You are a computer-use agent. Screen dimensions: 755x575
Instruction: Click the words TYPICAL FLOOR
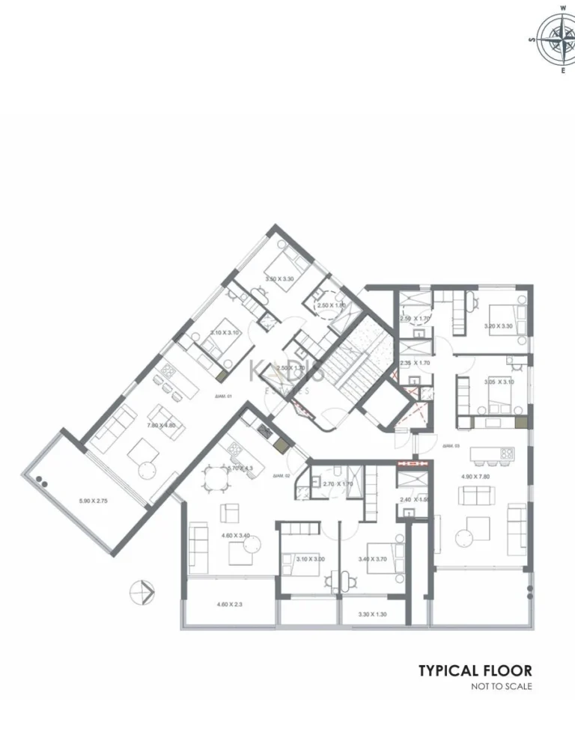(475, 670)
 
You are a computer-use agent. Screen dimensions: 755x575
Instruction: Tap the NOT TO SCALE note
(501, 686)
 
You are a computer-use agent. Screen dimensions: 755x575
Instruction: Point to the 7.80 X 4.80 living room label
(161, 425)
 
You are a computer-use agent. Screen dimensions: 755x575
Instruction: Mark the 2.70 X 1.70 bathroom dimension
(337, 483)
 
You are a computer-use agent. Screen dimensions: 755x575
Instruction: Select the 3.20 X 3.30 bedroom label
(498, 326)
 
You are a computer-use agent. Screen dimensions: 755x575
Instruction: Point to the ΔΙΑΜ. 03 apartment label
(450, 446)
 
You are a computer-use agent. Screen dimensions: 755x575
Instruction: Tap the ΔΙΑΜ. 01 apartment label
(225, 396)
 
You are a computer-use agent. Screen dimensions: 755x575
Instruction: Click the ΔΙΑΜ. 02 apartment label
(282, 475)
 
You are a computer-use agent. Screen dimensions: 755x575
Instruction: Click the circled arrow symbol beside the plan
(142, 591)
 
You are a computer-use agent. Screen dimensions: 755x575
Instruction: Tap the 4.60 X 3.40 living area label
(235, 535)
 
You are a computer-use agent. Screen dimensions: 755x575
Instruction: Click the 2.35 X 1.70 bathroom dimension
(414, 363)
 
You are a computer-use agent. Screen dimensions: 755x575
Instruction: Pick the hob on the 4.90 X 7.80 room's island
(506, 453)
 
